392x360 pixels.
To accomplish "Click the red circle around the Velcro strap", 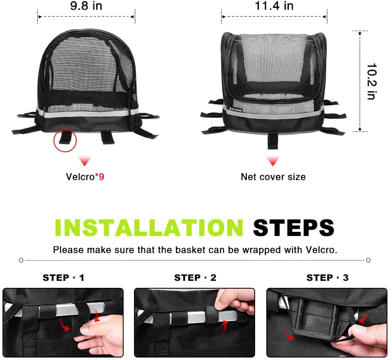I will [65, 140].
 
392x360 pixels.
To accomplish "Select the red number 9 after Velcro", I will [102, 177].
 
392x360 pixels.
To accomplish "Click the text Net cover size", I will [273, 177].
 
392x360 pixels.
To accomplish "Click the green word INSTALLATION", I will [149, 227].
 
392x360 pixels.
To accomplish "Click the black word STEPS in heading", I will [294, 227].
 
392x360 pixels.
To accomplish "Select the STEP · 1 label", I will [63, 278].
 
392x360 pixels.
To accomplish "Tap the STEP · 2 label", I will [195, 278].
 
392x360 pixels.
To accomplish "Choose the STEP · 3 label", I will [328, 278].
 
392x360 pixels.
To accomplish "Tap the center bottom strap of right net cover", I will [273, 141].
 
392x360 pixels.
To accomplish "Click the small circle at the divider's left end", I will [21, 260].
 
